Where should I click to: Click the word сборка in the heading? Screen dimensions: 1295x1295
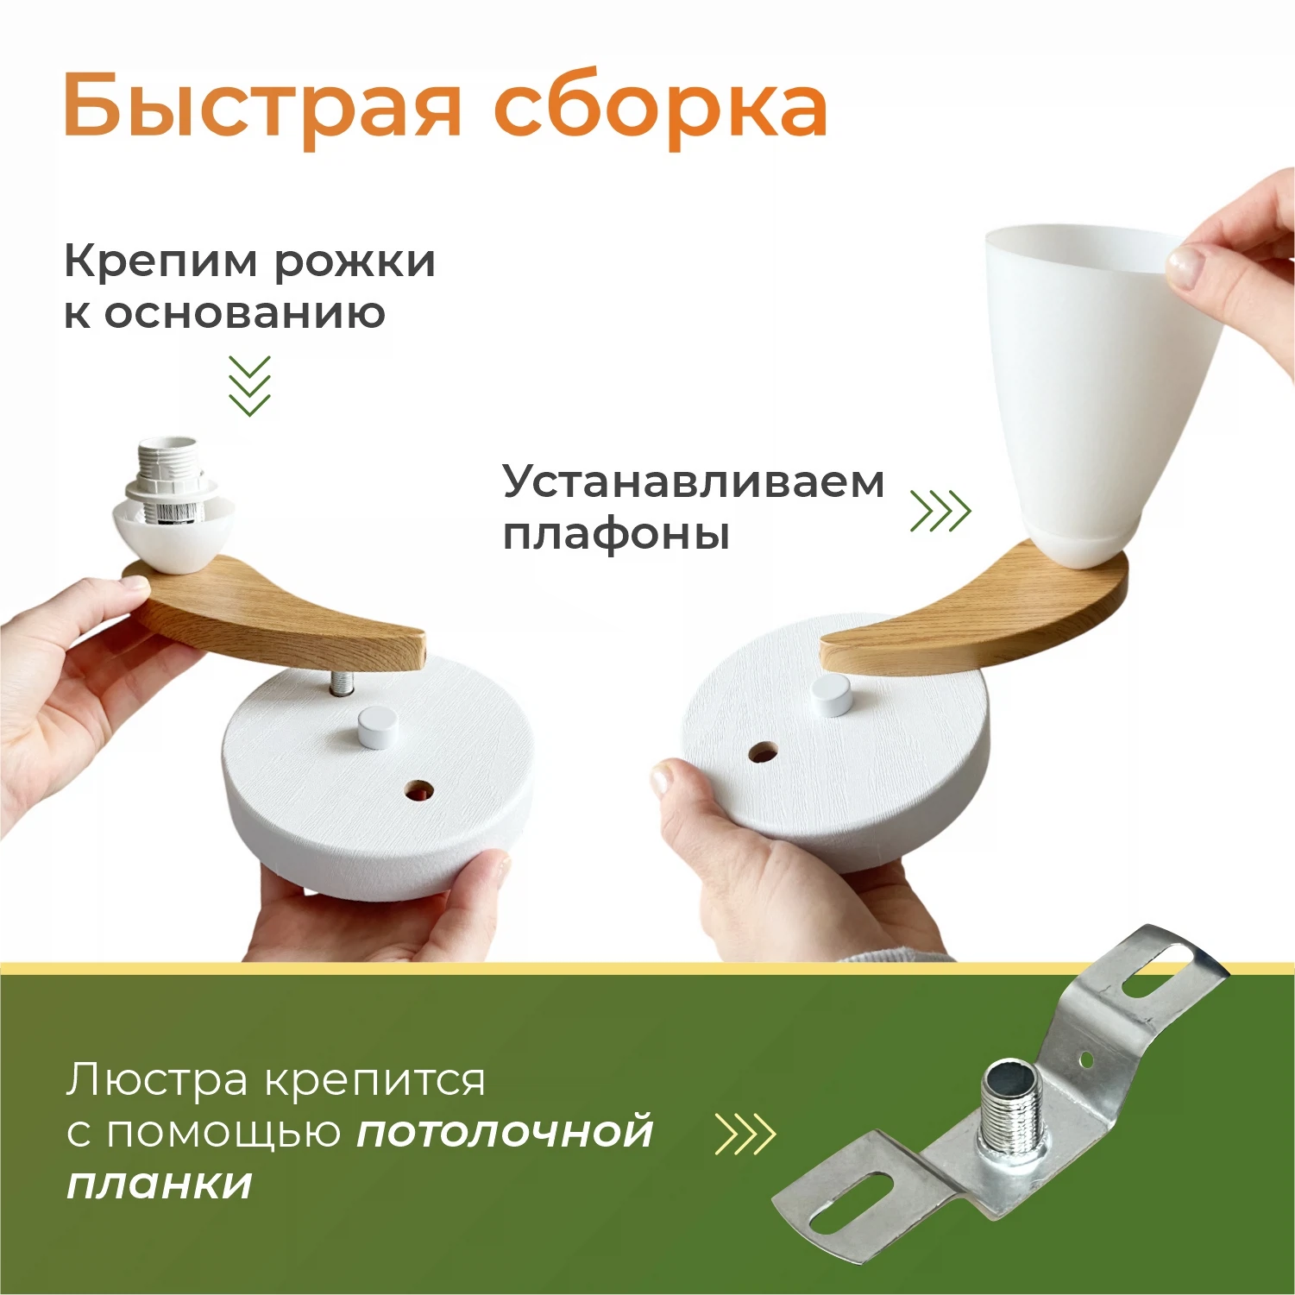click(x=660, y=108)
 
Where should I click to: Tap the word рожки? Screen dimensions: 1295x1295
click(x=355, y=261)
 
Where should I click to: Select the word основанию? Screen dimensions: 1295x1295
click(x=244, y=313)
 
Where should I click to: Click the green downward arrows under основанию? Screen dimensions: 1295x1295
click(x=249, y=386)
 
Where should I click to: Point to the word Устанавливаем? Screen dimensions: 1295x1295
click(x=693, y=481)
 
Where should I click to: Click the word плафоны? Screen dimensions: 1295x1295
click(x=616, y=534)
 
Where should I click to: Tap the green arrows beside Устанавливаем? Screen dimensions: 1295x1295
click(x=940, y=511)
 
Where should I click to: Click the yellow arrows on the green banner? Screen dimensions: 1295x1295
click(x=745, y=1134)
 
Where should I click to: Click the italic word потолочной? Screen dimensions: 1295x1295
click(x=505, y=1132)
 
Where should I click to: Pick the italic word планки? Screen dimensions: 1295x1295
click(x=160, y=1185)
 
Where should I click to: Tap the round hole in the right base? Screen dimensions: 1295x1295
click(x=762, y=751)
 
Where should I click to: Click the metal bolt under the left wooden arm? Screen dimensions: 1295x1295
click(x=342, y=682)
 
